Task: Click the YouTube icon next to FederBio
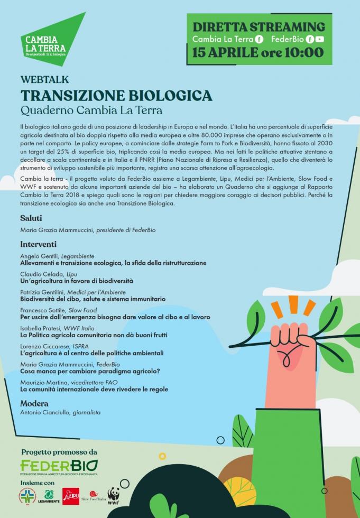[x=320, y=39]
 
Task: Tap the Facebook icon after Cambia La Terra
[x=259, y=39]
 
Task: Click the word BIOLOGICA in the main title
[x=169, y=95]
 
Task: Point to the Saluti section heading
[x=31, y=218]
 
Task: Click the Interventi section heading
[x=38, y=244]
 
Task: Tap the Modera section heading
[x=34, y=403]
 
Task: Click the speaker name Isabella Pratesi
[x=41, y=328]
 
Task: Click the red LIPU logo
[x=71, y=496]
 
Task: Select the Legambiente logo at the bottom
[x=49, y=496]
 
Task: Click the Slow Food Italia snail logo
[x=94, y=495]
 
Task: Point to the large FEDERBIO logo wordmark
[x=59, y=465]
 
